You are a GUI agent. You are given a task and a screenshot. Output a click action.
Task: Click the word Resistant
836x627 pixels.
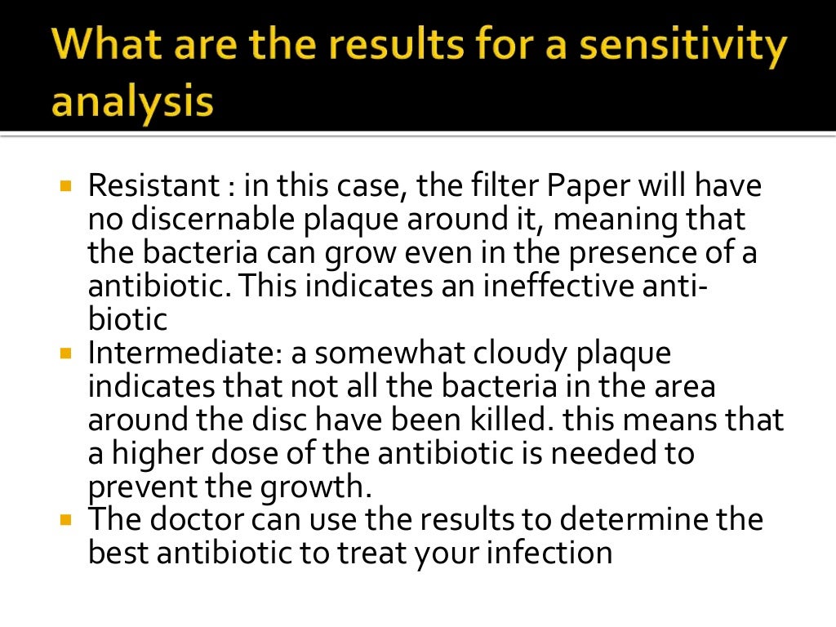pyautogui.click(x=152, y=186)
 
